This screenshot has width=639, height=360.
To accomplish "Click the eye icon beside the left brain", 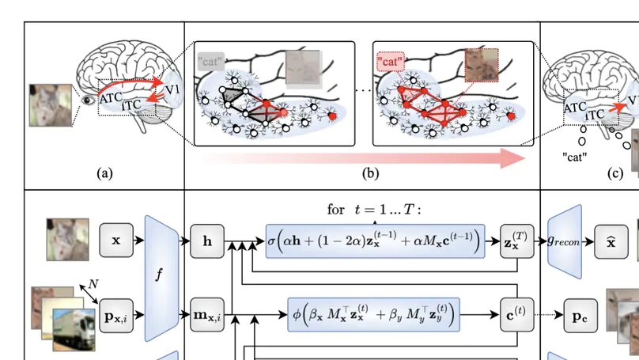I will tap(87, 102).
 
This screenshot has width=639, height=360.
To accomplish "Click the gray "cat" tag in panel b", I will tap(211, 59).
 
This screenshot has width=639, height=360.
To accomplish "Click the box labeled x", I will tap(116, 240).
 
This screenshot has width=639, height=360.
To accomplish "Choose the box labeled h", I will tap(207, 240).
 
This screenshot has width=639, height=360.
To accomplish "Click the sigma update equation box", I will tap(375, 240).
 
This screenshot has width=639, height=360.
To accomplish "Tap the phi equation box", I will tap(375, 315).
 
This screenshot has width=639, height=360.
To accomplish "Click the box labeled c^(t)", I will tap(515, 315).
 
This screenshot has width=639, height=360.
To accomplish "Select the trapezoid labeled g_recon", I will tap(564, 240).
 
